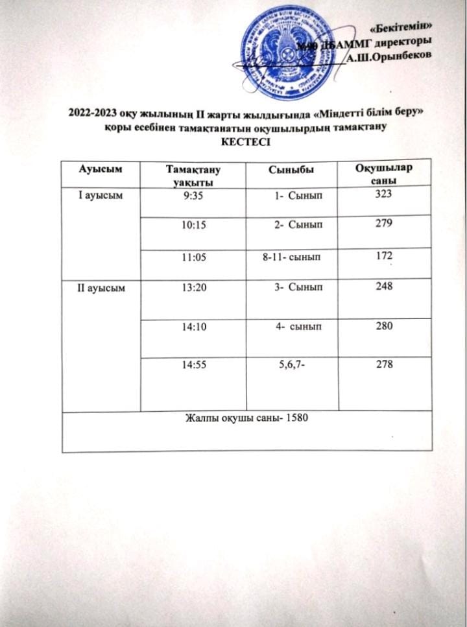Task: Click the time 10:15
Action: pyautogui.click(x=195, y=225)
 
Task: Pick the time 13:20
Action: pyautogui.click(x=195, y=288)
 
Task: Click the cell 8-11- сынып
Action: pyautogui.click(x=291, y=257)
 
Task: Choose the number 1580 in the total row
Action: pyautogui.click(x=295, y=418)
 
